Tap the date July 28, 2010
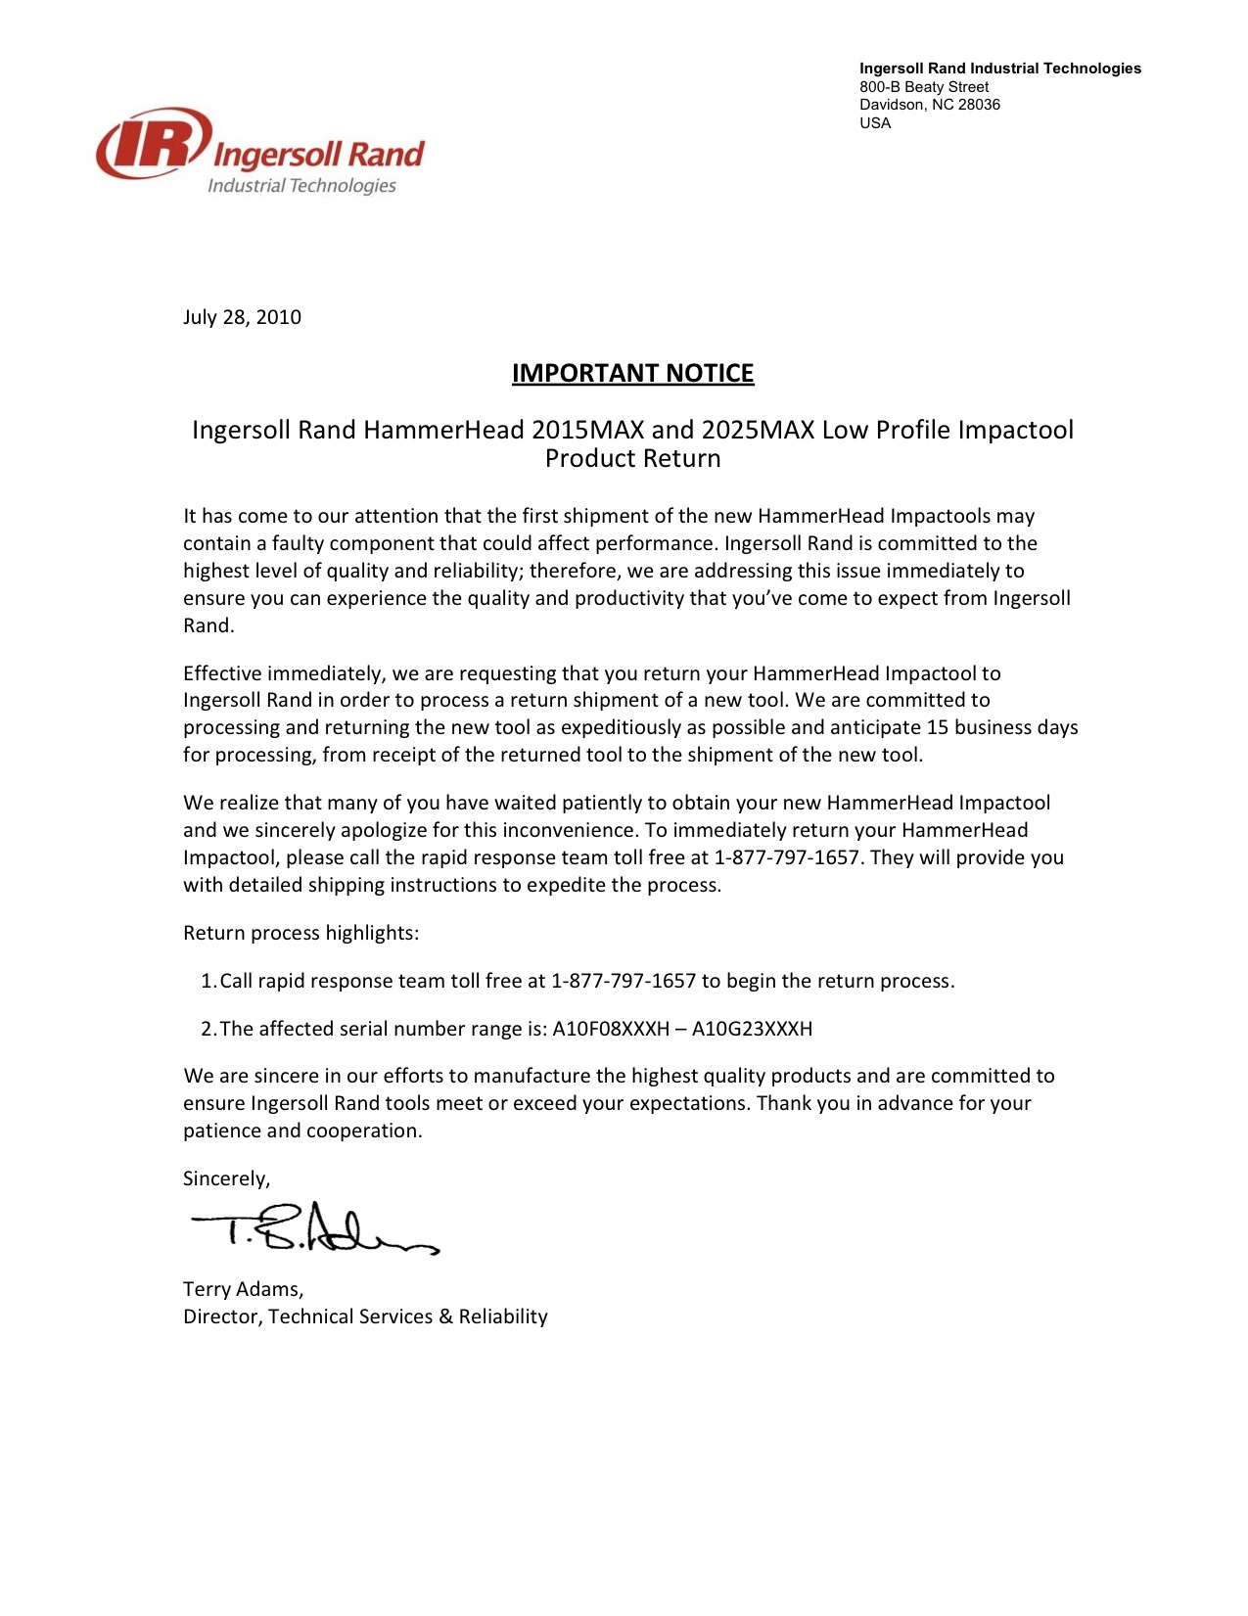coord(242,317)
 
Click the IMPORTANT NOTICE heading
coord(632,373)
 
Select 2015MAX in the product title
coord(587,430)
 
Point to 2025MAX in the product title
coord(758,430)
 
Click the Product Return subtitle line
coord(632,458)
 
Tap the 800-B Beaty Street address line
coord(924,87)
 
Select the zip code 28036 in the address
coord(979,105)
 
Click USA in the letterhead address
coord(875,123)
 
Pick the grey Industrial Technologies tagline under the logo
coord(301,186)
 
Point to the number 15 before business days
coord(938,727)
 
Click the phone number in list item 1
coord(624,981)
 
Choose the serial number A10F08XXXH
coord(611,1029)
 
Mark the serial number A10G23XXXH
coord(752,1029)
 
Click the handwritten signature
coord(313,1228)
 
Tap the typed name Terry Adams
coord(243,1289)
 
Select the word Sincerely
coord(226,1178)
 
